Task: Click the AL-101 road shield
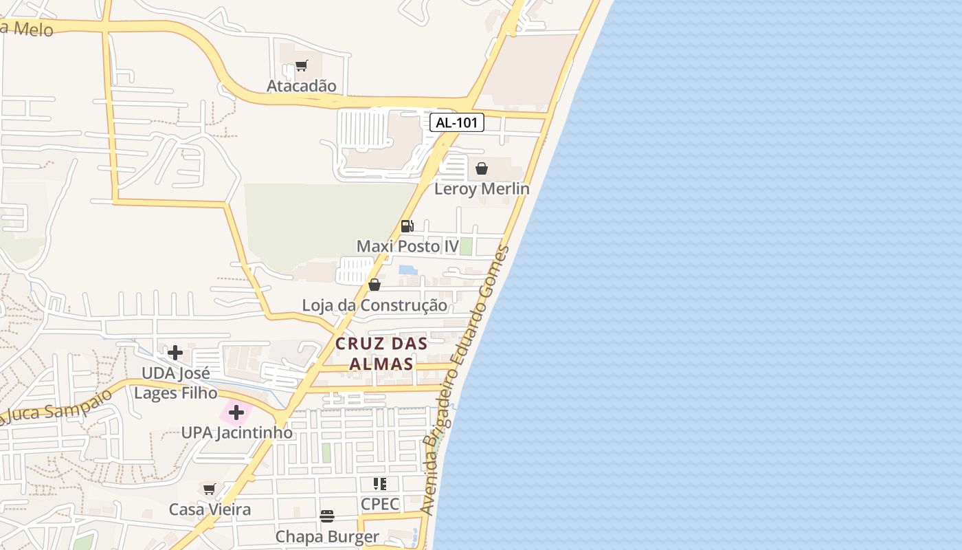(457, 123)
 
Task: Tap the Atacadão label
(302, 86)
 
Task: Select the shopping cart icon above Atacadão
(301, 66)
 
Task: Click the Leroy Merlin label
(482, 188)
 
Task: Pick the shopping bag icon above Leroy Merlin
(482, 168)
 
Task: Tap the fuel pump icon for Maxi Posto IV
(407, 225)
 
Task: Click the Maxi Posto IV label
(407, 246)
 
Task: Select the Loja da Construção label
(374, 305)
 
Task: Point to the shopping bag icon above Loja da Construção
(374, 285)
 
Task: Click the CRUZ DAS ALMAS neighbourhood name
(381, 353)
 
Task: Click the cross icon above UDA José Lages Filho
(175, 353)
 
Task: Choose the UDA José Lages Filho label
(175, 383)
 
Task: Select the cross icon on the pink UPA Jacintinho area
(236, 413)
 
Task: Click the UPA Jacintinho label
(236, 433)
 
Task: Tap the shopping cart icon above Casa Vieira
(210, 489)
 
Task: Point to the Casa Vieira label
(210, 509)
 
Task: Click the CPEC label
(380, 504)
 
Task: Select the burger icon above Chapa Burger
(327, 516)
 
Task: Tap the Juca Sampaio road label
(55, 407)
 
